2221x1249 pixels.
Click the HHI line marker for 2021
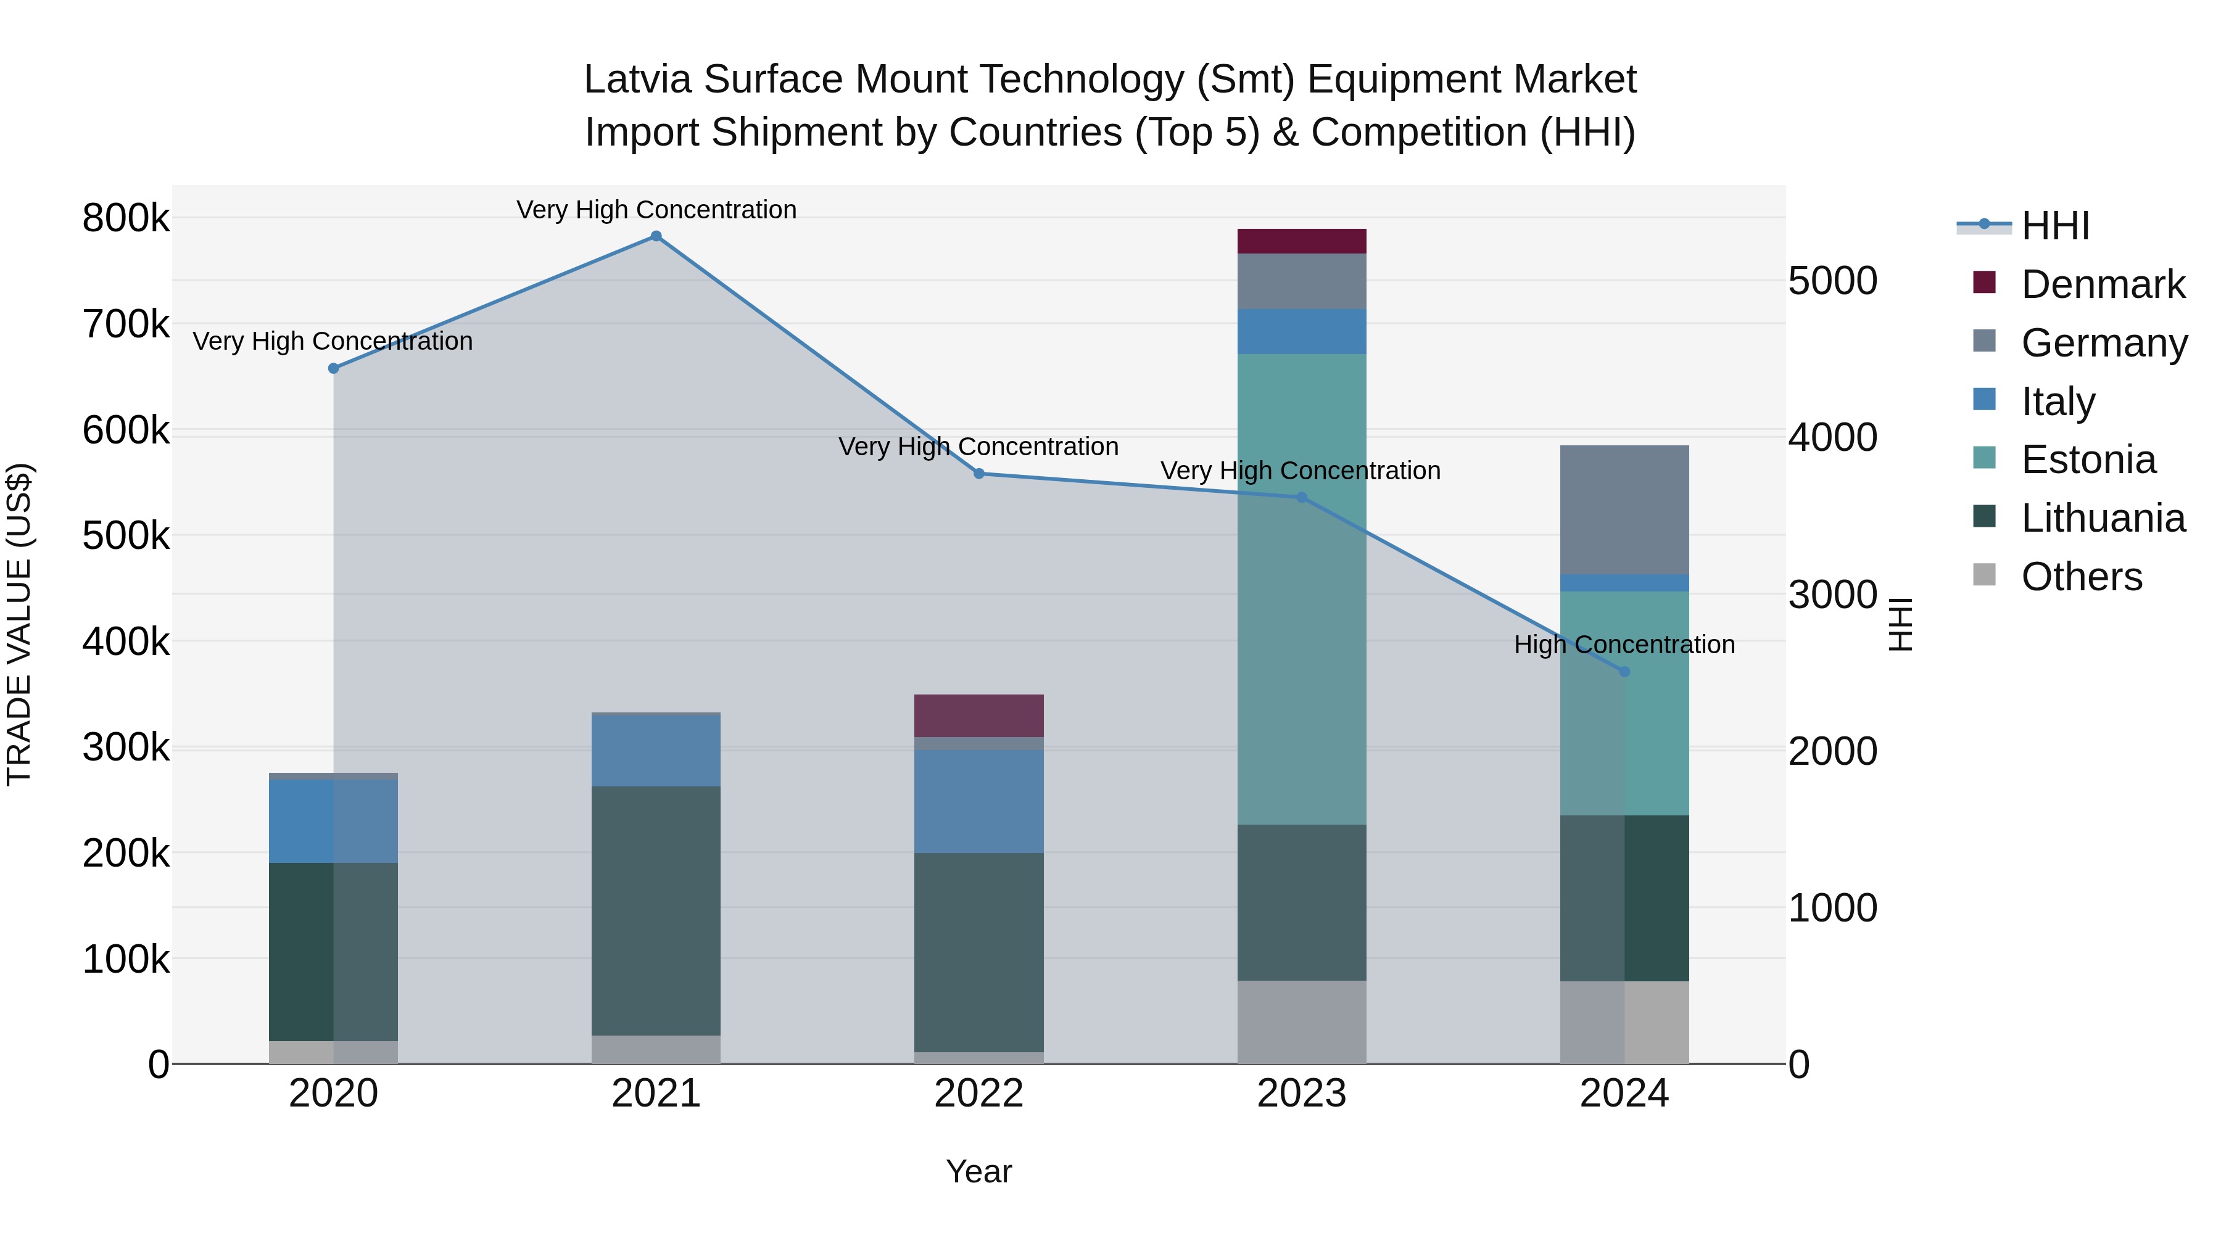tap(656, 236)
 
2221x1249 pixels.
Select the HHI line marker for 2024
tap(1624, 672)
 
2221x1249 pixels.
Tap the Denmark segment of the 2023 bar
tap(1301, 241)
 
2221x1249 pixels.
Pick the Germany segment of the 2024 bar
tap(1624, 509)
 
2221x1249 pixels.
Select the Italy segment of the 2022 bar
tap(978, 801)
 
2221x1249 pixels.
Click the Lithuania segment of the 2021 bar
tap(656, 910)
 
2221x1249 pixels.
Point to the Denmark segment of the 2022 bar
tap(978, 715)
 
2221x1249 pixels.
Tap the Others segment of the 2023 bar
tap(1301, 1021)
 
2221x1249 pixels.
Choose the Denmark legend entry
tap(2102, 284)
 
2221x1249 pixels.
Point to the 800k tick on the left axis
tap(126, 218)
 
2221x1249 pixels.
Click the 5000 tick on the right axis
tap(1833, 281)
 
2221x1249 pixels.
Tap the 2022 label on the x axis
tap(978, 1094)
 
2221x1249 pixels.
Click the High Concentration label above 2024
tap(1624, 645)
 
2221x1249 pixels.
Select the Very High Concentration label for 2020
tap(333, 341)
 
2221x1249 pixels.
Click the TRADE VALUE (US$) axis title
tap(19, 624)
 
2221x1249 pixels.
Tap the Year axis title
tap(978, 1171)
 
